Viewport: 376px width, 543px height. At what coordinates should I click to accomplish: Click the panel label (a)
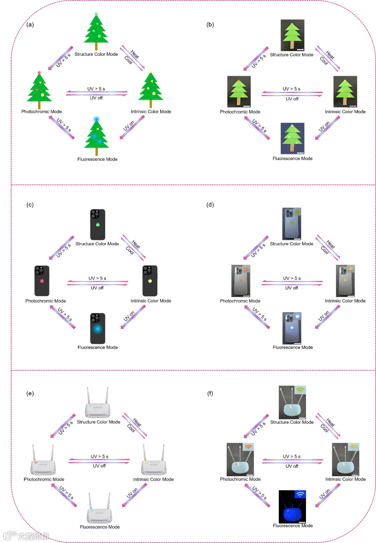coord(30,24)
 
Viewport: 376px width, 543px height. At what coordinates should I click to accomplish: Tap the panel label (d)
coord(210,204)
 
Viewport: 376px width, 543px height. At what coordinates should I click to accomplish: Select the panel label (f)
coord(210,393)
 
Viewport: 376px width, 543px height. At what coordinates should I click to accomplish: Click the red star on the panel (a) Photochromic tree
coord(39,72)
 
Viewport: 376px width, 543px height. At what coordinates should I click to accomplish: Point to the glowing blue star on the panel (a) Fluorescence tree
coord(97,119)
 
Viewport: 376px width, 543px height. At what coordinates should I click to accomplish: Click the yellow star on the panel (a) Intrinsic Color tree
coord(151,71)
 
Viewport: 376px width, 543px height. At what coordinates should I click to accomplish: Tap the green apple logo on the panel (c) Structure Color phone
coord(98,225)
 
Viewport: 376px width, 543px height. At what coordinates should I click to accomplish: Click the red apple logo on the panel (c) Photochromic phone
coord(42,281)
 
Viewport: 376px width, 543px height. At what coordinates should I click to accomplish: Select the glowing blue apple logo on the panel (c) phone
coord(98,328)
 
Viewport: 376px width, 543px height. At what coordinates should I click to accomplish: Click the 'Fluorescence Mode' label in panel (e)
coord(100,527)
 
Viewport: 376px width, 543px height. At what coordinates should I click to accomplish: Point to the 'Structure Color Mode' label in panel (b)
coord(291,55)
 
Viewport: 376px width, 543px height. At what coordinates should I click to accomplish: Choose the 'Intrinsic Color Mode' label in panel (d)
coord(345,301)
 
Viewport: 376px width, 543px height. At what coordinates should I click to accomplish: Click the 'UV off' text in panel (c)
coord(97,288)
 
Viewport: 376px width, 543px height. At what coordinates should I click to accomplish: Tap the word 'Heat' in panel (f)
coord(330,422)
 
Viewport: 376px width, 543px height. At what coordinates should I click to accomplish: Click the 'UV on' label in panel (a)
coord(129,126)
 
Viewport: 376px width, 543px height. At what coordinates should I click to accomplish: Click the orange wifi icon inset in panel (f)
coord(248,447)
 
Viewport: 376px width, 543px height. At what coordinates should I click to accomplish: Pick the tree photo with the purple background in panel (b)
coord(292,138)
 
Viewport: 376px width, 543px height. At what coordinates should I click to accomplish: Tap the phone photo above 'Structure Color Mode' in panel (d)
coord(291,224)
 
